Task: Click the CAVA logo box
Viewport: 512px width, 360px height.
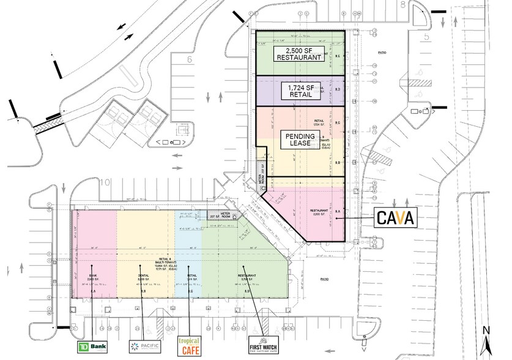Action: pos(395,217)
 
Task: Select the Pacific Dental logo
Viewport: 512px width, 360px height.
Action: pos(144,347)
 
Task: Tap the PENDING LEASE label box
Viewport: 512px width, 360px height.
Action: pos(299,139)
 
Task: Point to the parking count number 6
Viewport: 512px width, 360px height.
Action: pos(190,59)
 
